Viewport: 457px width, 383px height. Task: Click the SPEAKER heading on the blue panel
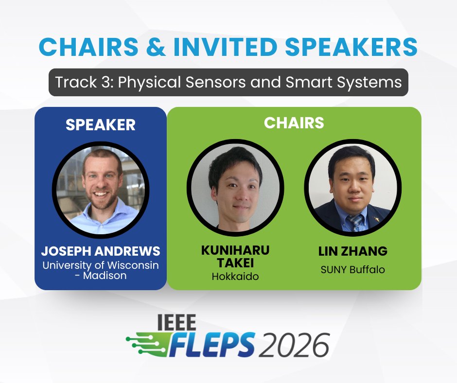pyautogui.click(x=101, y=125)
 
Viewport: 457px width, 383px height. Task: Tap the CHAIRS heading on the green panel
pyautogui.click(x=294, y=123)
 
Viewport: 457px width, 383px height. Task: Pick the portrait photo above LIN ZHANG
pyautogui.click(x=352, y=187)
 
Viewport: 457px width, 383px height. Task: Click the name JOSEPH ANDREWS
pyautogui.click(x=101, y=251)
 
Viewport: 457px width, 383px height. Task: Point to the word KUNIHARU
pyautogui.click(x=235, y=250)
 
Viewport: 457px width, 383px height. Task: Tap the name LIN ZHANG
pyautogui.click(x=352, y=251)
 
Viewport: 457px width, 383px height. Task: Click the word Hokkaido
pyautogui.click(x=235, y=276)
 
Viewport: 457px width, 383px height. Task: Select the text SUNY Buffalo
pyautogui.click(x=352, y=269)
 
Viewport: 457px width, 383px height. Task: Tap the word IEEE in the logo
pyautogui.click(x=176, y=323)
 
